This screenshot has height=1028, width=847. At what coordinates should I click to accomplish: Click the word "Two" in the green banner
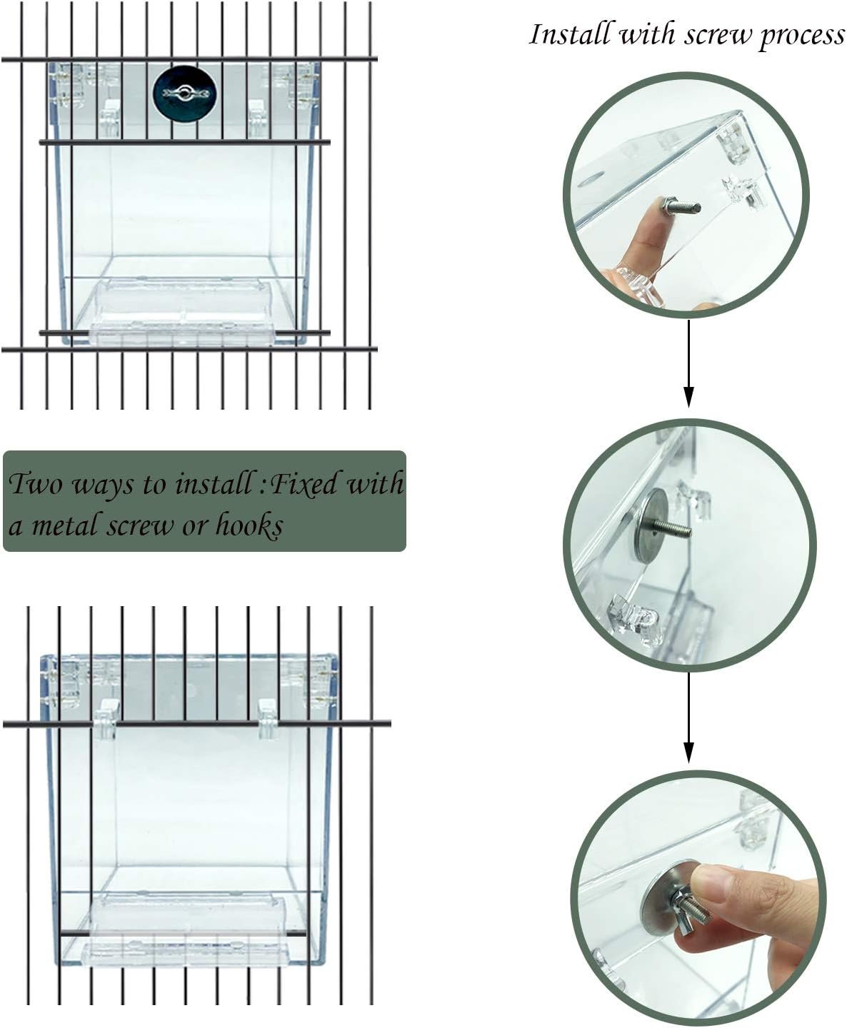(36, 483)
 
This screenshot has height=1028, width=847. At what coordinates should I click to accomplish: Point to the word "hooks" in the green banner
(249, 525)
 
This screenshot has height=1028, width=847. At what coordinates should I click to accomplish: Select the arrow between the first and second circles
(689, 364)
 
